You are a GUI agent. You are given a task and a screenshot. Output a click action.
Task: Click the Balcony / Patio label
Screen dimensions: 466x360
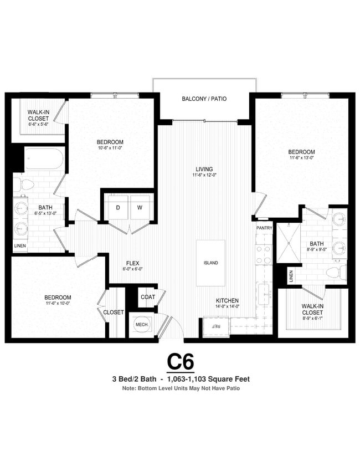204,99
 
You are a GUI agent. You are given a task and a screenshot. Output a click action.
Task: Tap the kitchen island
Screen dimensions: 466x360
210,263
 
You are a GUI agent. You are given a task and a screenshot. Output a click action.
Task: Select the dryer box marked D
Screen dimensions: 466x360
118,207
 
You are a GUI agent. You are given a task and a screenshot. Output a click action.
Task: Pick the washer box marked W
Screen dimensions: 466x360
140,207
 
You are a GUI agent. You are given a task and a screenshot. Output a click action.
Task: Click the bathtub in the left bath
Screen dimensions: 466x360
44,158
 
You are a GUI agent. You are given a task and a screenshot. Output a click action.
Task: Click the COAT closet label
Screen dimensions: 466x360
147,297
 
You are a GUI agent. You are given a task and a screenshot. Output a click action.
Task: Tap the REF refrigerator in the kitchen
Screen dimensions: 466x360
214,326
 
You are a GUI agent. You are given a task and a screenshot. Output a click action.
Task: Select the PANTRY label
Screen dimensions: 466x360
264,228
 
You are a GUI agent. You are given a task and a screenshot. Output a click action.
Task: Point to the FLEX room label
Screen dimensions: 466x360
132,263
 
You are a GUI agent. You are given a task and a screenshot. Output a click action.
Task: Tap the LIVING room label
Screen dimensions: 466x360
204,169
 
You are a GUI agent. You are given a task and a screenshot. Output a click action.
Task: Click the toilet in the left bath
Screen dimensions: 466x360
23,184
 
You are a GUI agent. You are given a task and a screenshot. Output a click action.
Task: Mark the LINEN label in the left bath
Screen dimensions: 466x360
19,245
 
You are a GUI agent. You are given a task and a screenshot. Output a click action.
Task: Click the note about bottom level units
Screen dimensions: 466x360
181,388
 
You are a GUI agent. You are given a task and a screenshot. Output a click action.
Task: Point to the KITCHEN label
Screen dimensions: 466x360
227,300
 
